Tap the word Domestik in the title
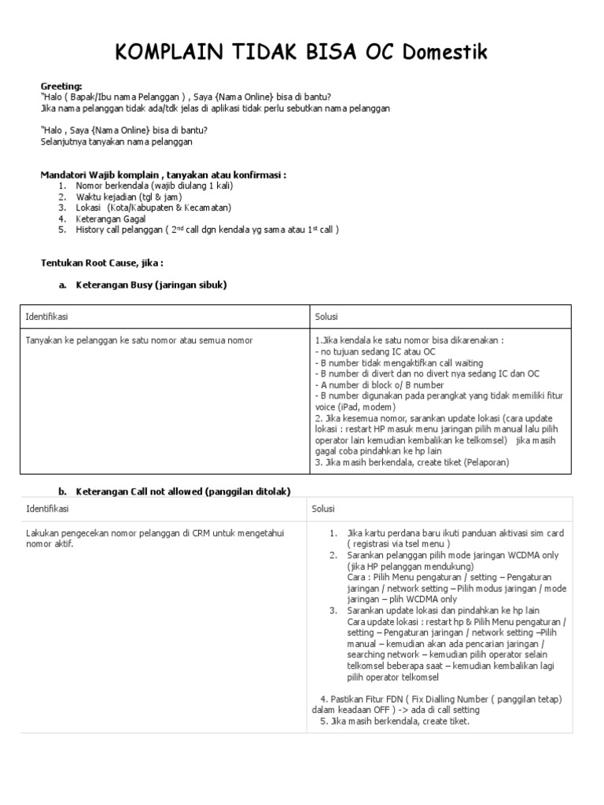pos(445,53)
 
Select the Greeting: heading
pos(61,86)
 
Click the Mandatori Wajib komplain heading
pos(163,174)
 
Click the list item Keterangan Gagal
pos(111,219)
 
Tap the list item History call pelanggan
pos(208,230)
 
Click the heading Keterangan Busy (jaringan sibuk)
pos(151,285)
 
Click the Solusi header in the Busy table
pos(326,317)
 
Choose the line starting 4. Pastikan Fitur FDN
pos(441,699)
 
